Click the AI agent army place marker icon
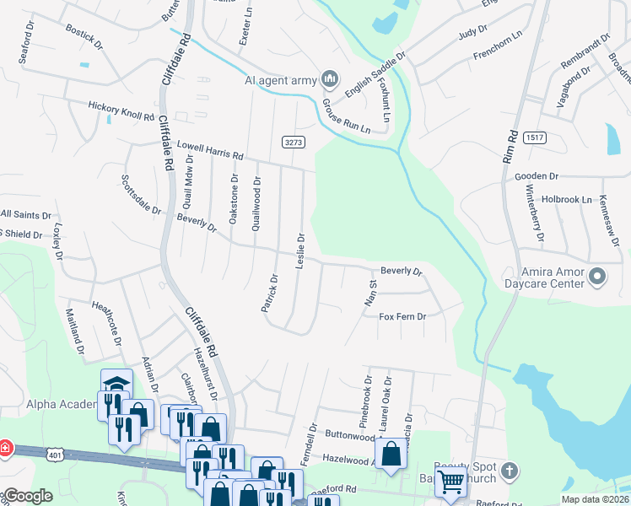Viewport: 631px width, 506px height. (x=330, y=80)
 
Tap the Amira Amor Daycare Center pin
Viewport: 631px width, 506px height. (x=597, y=276)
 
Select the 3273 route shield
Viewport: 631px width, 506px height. (x=293, y=143)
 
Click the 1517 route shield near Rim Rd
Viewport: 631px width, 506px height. (x=533, y=137)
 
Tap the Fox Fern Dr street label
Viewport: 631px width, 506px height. (x=402, y=317)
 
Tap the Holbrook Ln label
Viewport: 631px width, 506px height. (x=567, y=200)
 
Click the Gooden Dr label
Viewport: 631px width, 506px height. (x=537, y=176)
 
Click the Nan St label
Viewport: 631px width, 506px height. (x=369, y=293)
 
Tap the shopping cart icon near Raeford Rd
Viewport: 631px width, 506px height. (x=450, y=482)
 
